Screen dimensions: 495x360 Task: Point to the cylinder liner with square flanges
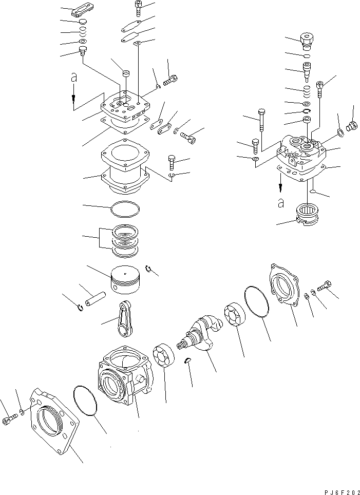(125, 169)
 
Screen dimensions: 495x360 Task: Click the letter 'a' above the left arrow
(74, 77)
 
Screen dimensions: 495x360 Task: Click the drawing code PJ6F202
(340, 491)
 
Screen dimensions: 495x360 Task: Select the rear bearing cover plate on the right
(283, 287)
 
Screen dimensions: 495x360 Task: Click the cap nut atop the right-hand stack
(307, 40)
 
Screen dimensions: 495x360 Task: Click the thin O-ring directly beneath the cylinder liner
(125, 209)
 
